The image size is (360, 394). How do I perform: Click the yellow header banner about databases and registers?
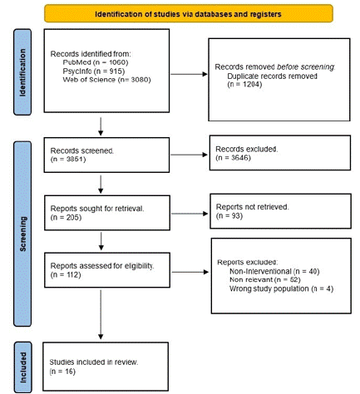pyautogui.click(x=189, y=13)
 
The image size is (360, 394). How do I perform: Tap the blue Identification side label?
pyautogui.click(x=22, y=72)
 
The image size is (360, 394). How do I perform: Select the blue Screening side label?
pyautogui.click(x=22, y=234)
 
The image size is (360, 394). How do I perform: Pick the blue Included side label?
pyautogui.click(x=22, y=367)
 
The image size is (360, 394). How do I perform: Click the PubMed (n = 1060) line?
pyautogui.click(x=96, y=62)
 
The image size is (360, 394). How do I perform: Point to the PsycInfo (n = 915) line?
pyautogui.click(x=94, y=71)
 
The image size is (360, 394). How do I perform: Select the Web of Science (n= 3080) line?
pyautogui.click(x=106, y=80)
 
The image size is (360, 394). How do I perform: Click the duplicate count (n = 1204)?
pyautogui.click(x=244, y=84)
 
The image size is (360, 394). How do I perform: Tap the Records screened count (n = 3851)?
pyautogui.click(x=68, y=160)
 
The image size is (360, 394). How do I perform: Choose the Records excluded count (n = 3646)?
pyautogui.click(x=233, y=158)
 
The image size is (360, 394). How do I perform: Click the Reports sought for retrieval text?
pyautogui.click(x=97, y=209)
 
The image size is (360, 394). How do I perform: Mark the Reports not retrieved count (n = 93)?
pyautogui.click(x=229, y=215)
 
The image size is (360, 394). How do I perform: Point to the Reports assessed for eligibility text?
pyautogui.click(x=102, y=266)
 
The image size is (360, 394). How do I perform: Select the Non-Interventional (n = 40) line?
pyautogui.click(x=274, y=271)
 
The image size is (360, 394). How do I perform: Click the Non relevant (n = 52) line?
pyautogui.click(x=265, y=279)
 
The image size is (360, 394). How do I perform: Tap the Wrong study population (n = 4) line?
pyautogui.click(x=281, y=288)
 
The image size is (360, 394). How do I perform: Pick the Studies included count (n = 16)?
pyautogui.click(x=62, y=372)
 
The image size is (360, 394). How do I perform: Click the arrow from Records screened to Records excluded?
pyautogui.click(x=189, y=155)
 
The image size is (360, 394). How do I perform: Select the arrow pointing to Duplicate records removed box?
pyautogui.click(x=189, y=74)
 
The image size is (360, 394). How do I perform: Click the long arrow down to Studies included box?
pyautogui.click(x=101, y=314)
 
